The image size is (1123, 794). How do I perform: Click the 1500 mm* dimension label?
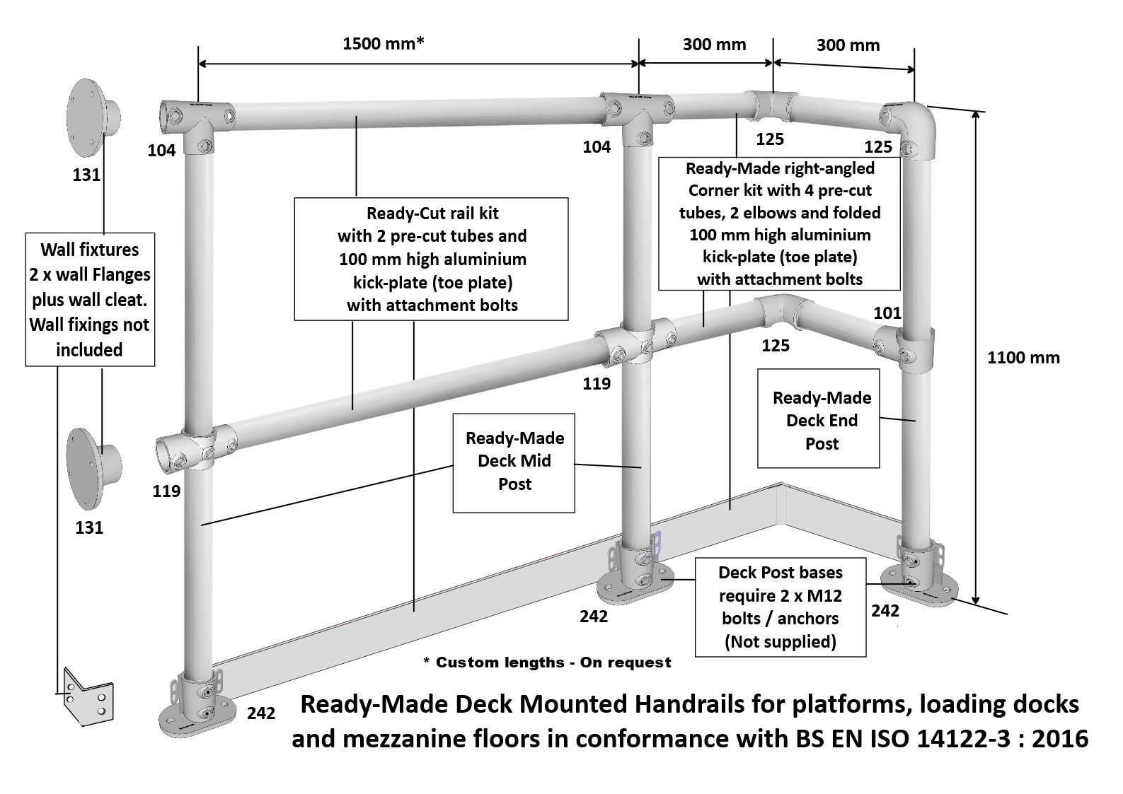point(383,44)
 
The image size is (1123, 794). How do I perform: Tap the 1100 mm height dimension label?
point(1023,357)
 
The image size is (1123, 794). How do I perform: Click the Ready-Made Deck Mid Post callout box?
point(514,462)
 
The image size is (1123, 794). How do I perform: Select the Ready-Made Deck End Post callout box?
point(819,420)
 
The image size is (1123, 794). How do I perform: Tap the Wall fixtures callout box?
point(90,300)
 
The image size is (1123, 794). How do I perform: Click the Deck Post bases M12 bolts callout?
point(780,607)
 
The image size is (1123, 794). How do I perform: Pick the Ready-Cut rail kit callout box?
point(432,259)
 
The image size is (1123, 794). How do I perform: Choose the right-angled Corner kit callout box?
point(779,223)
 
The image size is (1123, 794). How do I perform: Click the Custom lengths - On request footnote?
point(547,662)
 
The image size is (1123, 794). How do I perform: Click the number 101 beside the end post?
point(887,312)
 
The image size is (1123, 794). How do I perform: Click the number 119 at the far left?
point(166,491)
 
